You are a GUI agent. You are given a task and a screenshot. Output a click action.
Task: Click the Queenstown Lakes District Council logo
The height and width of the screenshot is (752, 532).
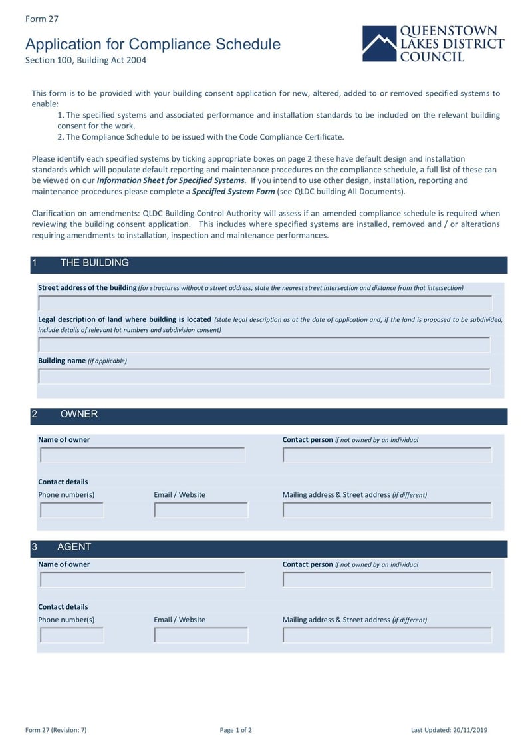tap(433, 44)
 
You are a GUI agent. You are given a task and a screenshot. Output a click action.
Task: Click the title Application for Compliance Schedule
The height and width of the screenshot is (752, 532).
tap(153, 45)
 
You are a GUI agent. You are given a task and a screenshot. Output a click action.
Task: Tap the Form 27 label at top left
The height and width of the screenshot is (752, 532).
tap(41, 19)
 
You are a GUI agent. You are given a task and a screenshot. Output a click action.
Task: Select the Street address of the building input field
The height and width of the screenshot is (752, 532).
tap(265, 303)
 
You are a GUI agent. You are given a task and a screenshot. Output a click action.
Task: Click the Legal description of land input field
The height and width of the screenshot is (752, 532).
tap(264, 345)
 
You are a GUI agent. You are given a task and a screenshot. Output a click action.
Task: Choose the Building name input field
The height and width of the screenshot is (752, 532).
tap(264, 376)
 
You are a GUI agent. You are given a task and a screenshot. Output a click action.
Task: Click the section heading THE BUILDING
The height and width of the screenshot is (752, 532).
tap(94, 263)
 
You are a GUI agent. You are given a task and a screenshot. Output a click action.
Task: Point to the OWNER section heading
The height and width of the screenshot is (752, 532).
tap(78, 414)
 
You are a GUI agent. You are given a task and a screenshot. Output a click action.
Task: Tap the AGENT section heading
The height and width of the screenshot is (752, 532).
tap(74, 547)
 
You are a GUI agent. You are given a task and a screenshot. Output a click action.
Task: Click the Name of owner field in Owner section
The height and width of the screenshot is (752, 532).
tap(142, 455)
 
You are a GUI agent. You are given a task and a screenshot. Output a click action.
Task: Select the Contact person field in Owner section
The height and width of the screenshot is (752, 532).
tap(387, 455)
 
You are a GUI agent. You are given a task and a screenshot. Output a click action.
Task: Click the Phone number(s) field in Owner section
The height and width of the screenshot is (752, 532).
tap(72, 510)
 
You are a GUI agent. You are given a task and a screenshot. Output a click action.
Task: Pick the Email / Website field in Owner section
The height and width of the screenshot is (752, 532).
tap(201, 510)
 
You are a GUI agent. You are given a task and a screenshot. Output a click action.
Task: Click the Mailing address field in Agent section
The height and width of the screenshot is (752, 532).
tap(387, 635)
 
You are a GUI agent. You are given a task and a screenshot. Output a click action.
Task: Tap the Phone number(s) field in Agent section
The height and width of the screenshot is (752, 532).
tap(72, 635)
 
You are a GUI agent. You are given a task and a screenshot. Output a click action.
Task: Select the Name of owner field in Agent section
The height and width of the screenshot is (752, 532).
tap(142, 580)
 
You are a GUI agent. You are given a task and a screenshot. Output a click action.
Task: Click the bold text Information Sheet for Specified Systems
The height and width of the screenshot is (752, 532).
tap(172, 180)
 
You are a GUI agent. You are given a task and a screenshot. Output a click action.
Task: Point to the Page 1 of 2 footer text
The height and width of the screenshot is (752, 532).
tap(235, 730)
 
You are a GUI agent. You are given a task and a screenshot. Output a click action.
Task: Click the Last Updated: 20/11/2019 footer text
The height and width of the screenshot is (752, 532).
tap(449, 730)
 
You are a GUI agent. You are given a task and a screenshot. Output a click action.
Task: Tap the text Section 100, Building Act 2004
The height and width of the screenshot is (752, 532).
tap(85, 60)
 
